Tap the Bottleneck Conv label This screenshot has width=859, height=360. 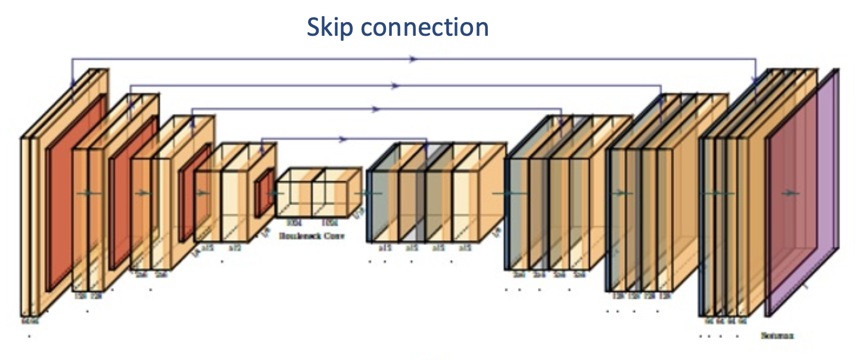tap(312, 235)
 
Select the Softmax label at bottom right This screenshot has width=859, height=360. tap(777, 335)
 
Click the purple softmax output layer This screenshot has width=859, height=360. tap(831, 191)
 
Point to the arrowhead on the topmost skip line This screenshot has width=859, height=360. tap(413, 59)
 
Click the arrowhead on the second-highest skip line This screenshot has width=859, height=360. tap(394, 86)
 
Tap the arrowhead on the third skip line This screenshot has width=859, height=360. tap(375, 110)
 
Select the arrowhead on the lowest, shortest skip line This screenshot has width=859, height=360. tap(343, 139)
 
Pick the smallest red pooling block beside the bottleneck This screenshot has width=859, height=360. tap(264, 192)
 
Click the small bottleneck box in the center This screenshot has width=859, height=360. tap(317, 192)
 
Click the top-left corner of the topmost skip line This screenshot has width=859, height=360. tap(72, 59)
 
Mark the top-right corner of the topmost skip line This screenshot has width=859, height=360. tap(755, 59)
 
